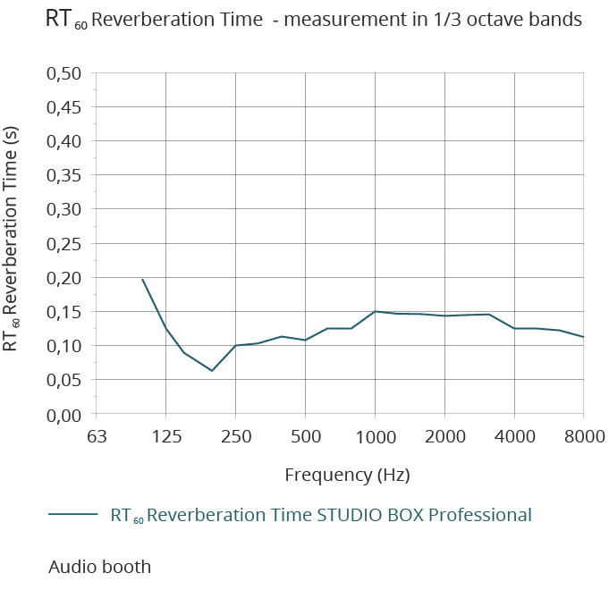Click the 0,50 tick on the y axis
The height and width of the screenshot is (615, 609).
tap(64, 73)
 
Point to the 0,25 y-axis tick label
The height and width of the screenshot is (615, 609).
tap(64, 243)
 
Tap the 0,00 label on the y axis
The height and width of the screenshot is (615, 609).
tap(64, 414)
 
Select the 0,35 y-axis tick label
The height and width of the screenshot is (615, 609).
tap(64, 175)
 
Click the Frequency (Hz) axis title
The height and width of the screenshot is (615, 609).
tap(347, 475)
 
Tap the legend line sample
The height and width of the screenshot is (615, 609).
tap(72, 514)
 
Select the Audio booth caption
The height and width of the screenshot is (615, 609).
tap(99, 567)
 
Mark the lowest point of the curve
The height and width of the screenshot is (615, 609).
tap(212, 371)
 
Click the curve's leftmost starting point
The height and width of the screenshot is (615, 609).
tap(142, 279)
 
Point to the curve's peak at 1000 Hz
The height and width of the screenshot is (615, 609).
tap(375, 311)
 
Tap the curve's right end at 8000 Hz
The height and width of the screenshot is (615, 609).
tap(583, 337)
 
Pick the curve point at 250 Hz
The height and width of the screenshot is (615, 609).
tap(235, 345)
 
